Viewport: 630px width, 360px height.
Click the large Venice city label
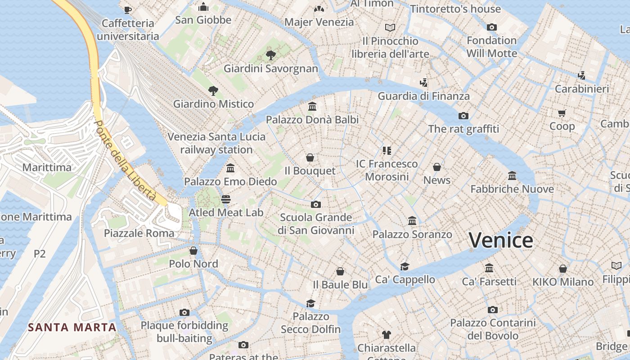[x=501, y=240]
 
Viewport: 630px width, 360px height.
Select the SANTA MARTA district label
[x=72, y=327]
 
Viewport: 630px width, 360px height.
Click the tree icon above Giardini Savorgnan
[x=271, y=55]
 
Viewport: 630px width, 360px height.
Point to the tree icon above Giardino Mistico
[x=213, y=90]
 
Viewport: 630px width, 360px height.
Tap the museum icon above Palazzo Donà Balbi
[x=312, y=106]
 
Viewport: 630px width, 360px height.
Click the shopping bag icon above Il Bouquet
[x=310, y=157]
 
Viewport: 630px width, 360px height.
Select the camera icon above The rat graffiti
[x=463, y=116]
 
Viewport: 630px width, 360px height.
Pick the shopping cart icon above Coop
[x=562, y=113]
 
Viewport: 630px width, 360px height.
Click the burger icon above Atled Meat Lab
[x=226, y=199]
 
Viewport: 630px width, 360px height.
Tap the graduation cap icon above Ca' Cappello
[x=405, y=266]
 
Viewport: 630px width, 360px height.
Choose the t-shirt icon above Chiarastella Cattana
[x=386, y=334]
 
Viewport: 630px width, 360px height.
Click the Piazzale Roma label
[x=139, y=233]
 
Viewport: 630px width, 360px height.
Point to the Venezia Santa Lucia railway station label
[x=216, y=143]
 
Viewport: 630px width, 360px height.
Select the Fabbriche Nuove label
[x=512, y=189]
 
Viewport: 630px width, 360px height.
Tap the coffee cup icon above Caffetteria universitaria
[x=128, y=9]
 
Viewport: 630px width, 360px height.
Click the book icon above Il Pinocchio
[x=390, y=27]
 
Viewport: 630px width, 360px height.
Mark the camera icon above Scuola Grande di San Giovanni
[x=316, y=204]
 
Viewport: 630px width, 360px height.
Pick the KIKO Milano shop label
[x=563, y=282]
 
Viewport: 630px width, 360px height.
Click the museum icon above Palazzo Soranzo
[x=412, y=220]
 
